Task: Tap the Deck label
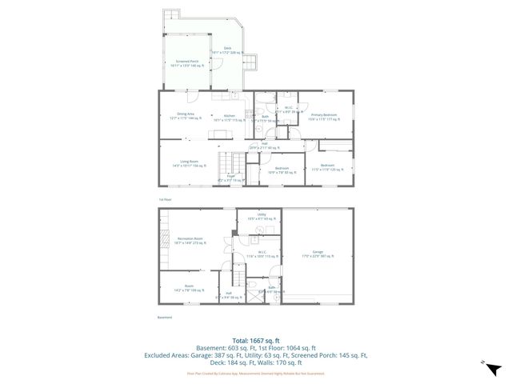[228, 50]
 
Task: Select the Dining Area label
[186, 116]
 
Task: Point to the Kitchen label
[229, 117]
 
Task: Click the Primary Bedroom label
[324, 116]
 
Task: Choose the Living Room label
[189, 163]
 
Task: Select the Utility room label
[261, 216]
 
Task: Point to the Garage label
[318, 255]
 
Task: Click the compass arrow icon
[494, 368]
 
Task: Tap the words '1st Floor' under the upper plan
[164, 198]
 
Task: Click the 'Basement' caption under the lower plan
[164, 317]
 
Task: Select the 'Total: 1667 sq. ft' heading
[255, 340]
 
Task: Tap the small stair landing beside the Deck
[250, 61]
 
